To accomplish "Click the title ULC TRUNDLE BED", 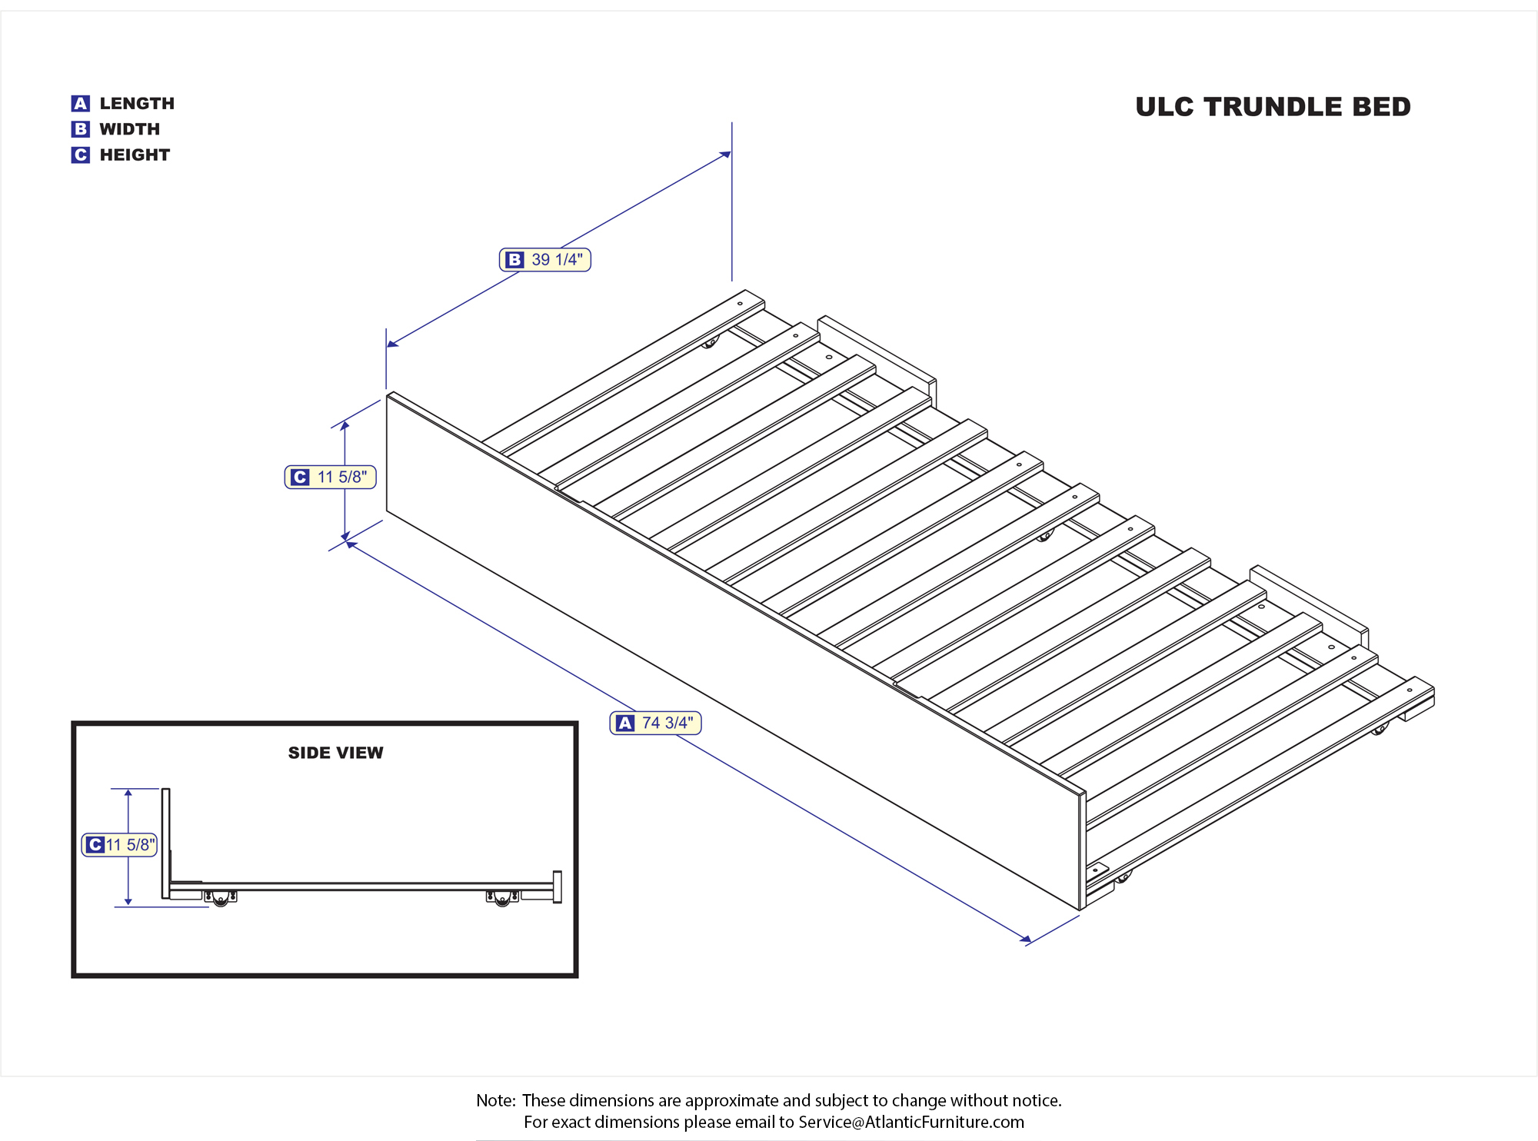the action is (1273, 107).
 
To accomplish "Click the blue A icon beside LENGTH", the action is (81, 104).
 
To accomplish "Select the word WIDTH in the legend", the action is (130, 129).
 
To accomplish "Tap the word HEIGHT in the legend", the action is (135, 155).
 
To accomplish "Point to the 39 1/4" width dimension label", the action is (545, 260).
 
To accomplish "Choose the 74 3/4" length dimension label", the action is (655, 723).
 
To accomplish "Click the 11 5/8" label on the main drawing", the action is (330, 477).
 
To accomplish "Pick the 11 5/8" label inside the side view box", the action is (119, 845).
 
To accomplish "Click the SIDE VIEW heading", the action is (335, 753).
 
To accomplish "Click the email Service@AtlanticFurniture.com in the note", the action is (911, 1122).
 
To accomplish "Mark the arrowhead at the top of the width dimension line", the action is (725, 155).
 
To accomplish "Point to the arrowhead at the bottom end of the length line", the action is (1026, 939).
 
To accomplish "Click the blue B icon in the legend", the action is (81, 129).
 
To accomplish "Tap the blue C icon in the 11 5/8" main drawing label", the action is (300, 477).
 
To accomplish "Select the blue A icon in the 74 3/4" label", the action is (625, 724).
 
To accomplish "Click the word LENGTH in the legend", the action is (137, 104).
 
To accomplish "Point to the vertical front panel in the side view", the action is (165, 843).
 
